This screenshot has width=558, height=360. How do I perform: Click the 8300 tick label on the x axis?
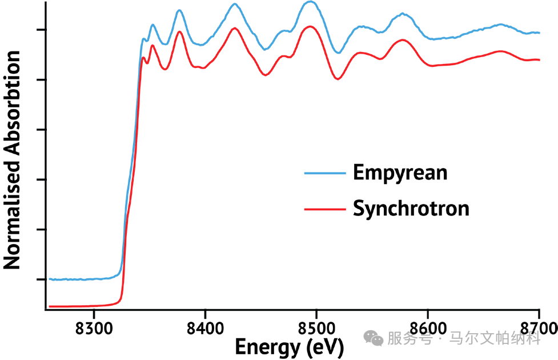[94, 328]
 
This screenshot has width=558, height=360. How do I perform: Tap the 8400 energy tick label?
[206, 328]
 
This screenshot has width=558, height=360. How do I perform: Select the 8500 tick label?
[316, 328]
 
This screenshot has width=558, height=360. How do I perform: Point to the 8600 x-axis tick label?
[428, 328]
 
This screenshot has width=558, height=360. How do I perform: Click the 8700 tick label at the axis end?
[539, 328]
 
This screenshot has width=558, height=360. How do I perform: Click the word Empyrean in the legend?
[400, 173]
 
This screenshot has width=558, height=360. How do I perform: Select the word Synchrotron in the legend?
[411, 209]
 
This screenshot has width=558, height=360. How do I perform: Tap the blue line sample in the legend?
[325, 173]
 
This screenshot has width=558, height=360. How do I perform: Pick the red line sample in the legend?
[325, 209]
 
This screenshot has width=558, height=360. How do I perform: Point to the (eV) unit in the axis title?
[324, 347]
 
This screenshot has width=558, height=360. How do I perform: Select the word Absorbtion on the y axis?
[12, 102]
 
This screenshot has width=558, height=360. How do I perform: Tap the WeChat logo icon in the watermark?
[374, 338]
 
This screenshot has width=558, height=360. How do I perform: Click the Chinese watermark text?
[464, 338]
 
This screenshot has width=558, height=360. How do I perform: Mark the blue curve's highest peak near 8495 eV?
[311, 2]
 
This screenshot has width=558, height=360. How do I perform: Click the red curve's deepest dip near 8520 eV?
[338, 79]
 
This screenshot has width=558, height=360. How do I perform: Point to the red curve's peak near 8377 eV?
[179, 32]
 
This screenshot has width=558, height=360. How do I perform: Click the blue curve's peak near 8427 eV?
[235, 4]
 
